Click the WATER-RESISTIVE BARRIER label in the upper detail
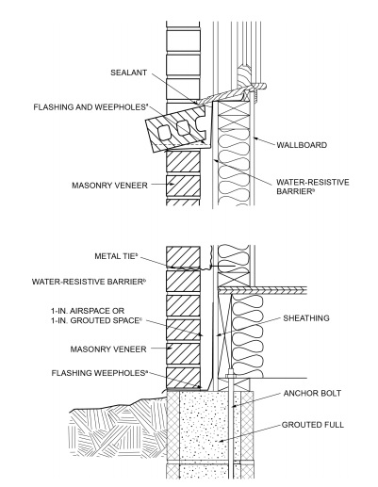click(x=302, y=187)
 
